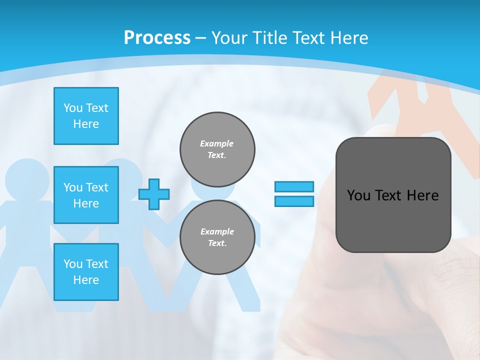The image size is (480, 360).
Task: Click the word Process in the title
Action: point(157,37)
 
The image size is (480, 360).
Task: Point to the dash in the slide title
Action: point(201,38)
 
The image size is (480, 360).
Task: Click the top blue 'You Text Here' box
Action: point(86,116)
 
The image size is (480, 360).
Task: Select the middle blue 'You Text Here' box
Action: point(86,195)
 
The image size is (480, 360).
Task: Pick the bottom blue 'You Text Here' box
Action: point(86,272)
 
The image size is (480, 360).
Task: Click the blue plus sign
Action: point(154,194)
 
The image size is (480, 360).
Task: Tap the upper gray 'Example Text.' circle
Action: point(217,149)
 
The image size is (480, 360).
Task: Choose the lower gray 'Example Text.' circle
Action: point(217,237)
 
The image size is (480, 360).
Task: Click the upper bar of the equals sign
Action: point(294,186)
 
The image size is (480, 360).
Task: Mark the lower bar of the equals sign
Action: point(294,201)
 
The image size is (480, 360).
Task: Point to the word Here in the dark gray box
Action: point(422,195)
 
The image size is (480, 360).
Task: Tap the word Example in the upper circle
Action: point(217,143)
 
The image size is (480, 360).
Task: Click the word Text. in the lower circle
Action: point(217,243)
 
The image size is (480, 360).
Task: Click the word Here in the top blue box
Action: point(86,124)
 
